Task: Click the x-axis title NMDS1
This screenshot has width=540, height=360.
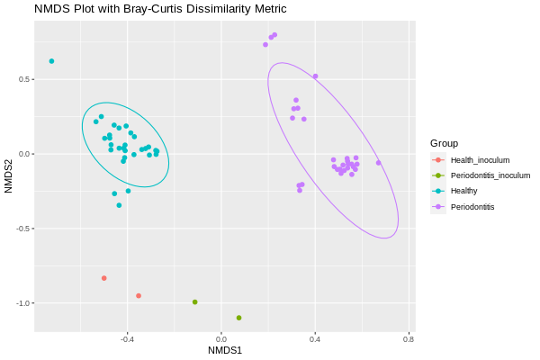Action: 224,349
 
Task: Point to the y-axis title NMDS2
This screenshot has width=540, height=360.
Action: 9,175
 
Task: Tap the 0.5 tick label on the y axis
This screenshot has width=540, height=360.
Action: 26,79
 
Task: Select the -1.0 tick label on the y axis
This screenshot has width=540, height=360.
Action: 24,303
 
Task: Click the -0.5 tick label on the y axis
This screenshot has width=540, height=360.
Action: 24,229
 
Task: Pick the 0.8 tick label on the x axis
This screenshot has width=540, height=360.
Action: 409,338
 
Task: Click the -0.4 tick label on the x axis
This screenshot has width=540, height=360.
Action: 127,338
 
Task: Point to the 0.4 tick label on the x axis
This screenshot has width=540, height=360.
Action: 315,338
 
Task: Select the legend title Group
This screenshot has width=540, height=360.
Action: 444,143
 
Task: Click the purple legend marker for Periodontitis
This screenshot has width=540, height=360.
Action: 437,207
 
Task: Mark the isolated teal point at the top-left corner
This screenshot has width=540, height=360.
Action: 51,61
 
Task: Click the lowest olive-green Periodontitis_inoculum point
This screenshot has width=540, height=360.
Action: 238,318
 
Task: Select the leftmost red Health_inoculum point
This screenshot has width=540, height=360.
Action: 104,278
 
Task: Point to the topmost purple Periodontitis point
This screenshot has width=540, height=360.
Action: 274,35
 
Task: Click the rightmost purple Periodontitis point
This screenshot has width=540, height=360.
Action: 378,163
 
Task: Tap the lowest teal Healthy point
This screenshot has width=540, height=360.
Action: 119,205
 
